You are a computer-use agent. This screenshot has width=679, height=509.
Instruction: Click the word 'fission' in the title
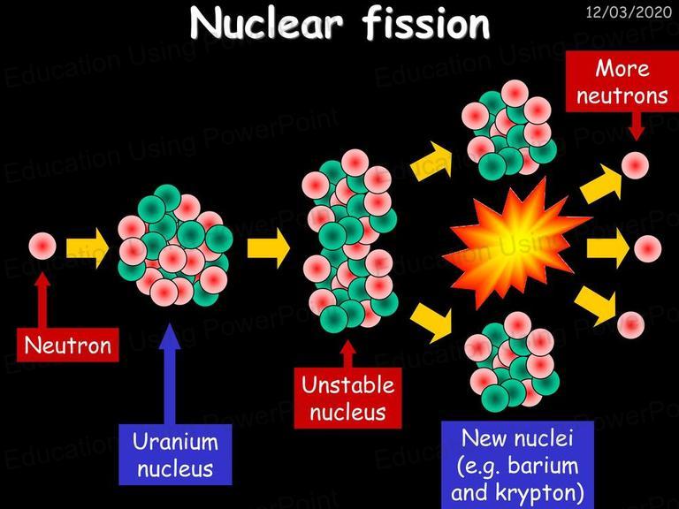tap(426, 24)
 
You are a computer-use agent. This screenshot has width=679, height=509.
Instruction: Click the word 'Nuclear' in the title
tap(267, 24)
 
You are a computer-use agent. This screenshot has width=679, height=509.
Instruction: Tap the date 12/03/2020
tap(629, 11)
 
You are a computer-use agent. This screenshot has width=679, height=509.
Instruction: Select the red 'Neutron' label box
tap(67, 345)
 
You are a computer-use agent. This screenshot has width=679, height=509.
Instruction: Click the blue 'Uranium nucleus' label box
tap(175, 454)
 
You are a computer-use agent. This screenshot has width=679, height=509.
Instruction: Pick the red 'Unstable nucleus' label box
tap(347, 398)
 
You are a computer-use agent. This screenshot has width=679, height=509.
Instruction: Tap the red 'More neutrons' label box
tap(622, 81)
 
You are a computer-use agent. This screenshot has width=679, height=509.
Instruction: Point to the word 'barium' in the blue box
tap(543, 466)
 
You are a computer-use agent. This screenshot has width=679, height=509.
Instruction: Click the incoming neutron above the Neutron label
tap(42, 246)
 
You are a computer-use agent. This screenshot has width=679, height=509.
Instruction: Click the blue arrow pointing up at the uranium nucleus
tap(170, 374)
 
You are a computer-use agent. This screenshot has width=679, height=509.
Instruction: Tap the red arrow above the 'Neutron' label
tap(42, 300)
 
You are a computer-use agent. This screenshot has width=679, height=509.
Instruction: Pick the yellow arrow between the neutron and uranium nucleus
tap(87, 248)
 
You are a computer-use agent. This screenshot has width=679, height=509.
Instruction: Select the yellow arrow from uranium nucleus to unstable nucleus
tap(269, 248)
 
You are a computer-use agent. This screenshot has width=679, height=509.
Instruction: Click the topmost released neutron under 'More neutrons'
tap(636, 165)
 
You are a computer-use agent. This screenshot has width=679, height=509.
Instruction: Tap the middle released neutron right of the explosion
tap(648, 249)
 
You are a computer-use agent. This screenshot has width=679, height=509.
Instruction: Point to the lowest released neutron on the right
tap(631, 325)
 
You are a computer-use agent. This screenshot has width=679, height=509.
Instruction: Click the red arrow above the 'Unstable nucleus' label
tap(348, 354)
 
